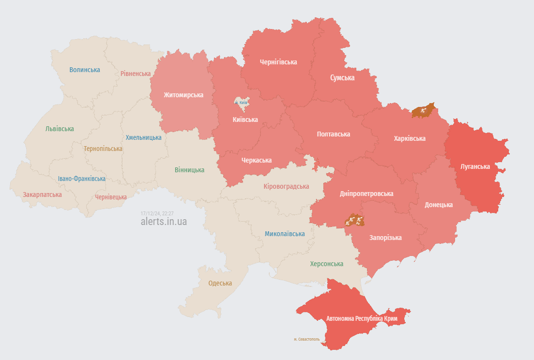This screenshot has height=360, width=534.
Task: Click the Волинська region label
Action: pyautogui.click(x=85, y=70)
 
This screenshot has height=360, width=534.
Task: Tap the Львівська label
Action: pyautogui.click(x=60, y=129)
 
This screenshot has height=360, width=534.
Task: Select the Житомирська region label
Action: pyautogui.click(x=183, y=95)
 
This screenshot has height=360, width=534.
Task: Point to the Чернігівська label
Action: pyautogui.click(x=278, y=62)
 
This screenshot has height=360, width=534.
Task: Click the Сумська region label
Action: pyautogui.click(x=342, y=77)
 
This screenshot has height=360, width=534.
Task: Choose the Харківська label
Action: pyautogui.click(x=410, y=138)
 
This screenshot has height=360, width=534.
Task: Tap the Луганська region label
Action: pyautogui.click(x=475, y=166)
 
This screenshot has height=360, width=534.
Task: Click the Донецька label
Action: pyautogui.click(x=439, y=205)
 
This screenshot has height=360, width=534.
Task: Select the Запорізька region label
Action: pyautogui.click(x=385, y=238)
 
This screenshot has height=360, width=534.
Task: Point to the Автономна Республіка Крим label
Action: pyautogui.click(x=362, y=319)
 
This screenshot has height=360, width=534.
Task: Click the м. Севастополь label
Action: pyautogui.click(x=306, y=339)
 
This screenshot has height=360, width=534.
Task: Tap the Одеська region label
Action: pyautogui.click(x=220, y=283)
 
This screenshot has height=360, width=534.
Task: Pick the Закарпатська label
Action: pyautogui.click(x=42, y=195)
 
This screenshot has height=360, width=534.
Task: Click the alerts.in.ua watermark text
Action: pyautogui.click(x=164, y=222)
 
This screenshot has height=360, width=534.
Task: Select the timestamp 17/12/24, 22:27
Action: pyautogui.click(x=157, y=213)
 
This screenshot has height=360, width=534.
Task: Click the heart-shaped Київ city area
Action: pyautogui.click(x=241, y=102)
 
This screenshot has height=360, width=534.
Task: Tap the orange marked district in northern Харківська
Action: pyautogui.click(x=423, y=111)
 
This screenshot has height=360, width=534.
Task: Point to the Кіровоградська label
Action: pyautogui.click(x=286, y=186)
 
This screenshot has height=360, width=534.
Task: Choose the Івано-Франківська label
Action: pyautogui.click(x=81, y=179)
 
